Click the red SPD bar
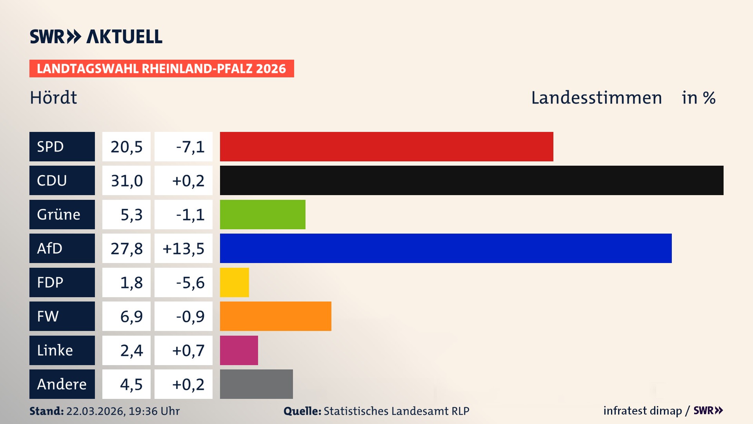click(386, 146)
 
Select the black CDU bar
click(471, 181)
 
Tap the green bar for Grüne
click(262, 214)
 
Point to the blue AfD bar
click(446, 248)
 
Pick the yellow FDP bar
click(234, 282)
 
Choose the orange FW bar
click(275, 316)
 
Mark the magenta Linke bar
click(239, 350)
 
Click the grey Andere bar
click(256, 384)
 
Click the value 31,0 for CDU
click(126, 181)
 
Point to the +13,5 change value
click(183, 248)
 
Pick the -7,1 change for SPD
click(190, 146)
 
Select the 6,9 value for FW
click(131, 316)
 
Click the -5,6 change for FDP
click(190, 282)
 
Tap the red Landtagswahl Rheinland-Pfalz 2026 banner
click(162, 69)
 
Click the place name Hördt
click(53, 97)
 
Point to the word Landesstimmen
click(596, 97)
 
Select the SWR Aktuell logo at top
click(96, 37)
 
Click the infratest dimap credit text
click(642, 411)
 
